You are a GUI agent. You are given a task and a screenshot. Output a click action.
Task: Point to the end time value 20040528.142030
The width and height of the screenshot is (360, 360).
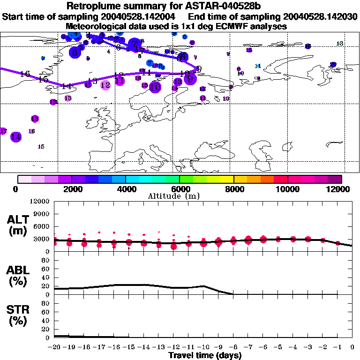coord(318,17)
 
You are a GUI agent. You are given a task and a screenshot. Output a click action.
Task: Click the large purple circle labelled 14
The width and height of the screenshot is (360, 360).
coord(16,137)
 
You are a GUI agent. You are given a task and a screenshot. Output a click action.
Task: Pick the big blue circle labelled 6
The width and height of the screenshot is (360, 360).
coord(75,53)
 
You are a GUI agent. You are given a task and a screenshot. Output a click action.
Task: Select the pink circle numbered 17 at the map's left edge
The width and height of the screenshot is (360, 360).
coord(4,131)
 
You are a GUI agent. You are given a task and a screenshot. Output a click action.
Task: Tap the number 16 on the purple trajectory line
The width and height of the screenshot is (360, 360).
coord(25,74)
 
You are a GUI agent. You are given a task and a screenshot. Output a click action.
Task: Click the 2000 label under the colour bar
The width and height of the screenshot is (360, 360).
coord(71,189)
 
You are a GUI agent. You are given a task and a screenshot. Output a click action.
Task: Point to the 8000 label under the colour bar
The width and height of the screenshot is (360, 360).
coord(233,189)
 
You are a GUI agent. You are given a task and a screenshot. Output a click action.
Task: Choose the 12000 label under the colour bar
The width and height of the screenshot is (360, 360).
coord(340,189)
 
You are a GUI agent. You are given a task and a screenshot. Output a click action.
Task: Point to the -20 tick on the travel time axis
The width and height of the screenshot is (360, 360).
coord(55,347)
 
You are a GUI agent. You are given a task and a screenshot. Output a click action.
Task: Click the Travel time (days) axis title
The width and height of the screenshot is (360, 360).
coord(205,355)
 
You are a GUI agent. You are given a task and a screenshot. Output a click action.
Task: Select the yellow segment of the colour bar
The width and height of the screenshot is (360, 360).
coord(227,179)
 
